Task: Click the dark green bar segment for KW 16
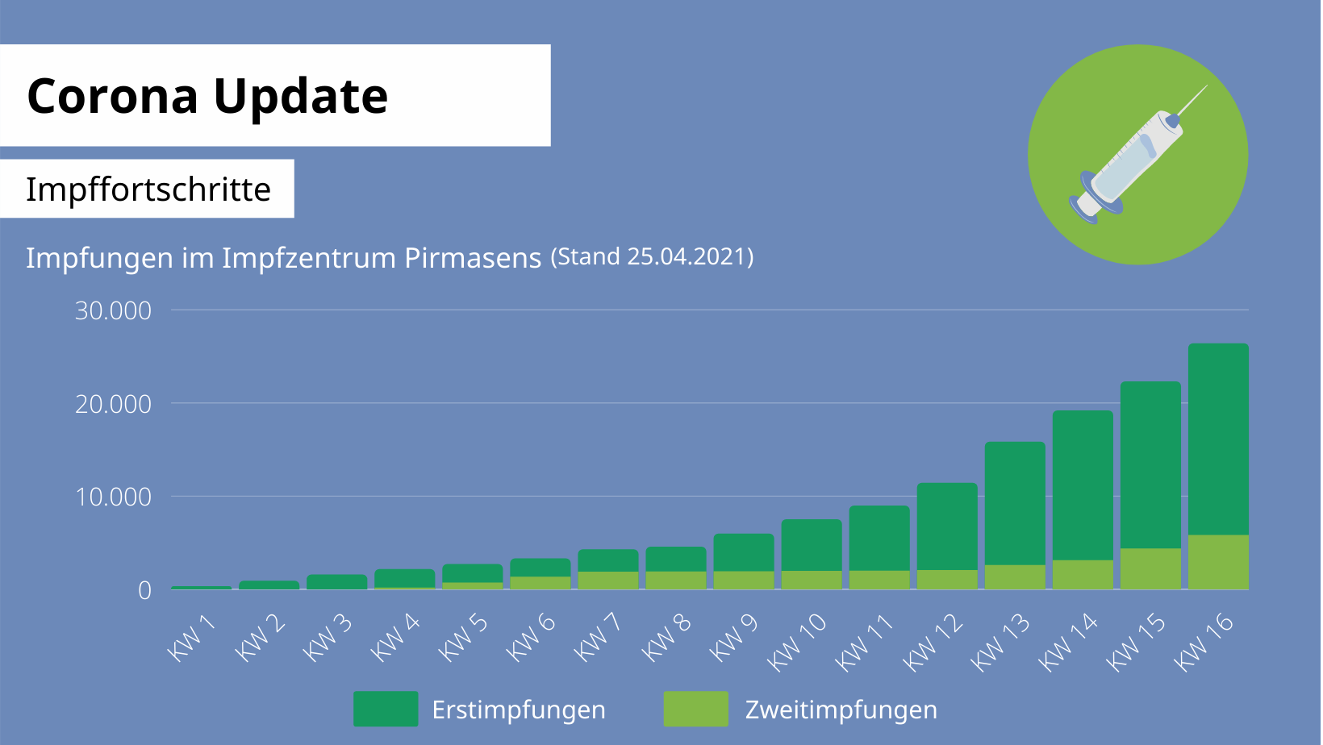click(1218, 439)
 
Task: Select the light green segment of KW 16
click(1218, 562)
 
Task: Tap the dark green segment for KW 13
click(1015, 503)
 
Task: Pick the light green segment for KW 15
click(1150, 568)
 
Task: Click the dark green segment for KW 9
click(744, 552)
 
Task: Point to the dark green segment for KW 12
click(947, 526)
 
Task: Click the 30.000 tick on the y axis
click(113, 310)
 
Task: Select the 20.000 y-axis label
click(113, 404)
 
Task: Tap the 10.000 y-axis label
click(113, 497)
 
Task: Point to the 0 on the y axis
click(144, 590)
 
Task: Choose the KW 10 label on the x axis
click(797, 642)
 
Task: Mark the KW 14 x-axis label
click(1068, 642)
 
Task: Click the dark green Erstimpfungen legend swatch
click(386, 709)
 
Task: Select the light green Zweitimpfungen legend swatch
click(695, 709)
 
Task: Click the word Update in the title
click(300, 96)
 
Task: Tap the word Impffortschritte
click(148, 189)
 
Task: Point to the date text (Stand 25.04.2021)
click(652, 256)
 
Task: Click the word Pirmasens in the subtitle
click(472, 258)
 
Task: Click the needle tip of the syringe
click(1205, 87)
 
